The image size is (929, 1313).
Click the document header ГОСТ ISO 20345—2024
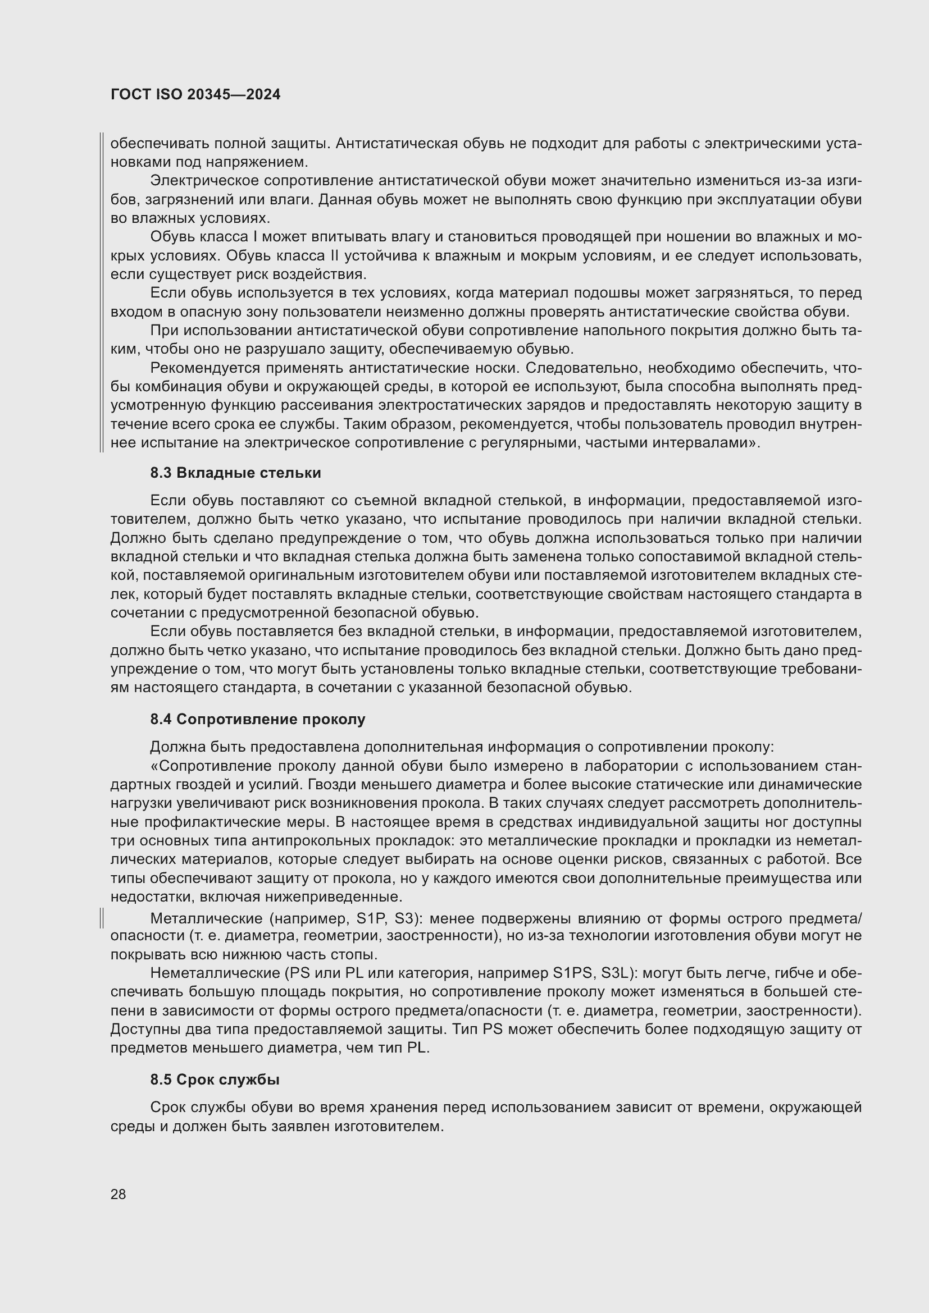195,95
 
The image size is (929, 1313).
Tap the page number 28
118,1194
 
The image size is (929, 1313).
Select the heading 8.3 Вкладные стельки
235,473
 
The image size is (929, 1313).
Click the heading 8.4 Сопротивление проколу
257,720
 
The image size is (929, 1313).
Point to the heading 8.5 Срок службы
215,1079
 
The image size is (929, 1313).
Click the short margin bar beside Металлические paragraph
101,918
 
